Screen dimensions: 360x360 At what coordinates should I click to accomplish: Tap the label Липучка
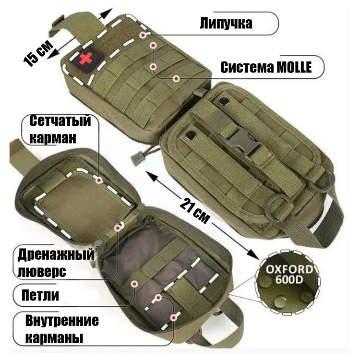(x=226, y=23)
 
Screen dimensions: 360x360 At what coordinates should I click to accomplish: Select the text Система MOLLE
(x=266, y=67)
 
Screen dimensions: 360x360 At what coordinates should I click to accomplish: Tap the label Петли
(x=40, y=295)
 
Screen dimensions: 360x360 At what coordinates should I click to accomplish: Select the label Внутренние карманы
(x=62, y=329)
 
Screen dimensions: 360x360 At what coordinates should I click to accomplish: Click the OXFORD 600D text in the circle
(x=289, y=275)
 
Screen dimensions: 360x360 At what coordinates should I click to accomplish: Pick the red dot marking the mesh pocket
(x=99, y=180)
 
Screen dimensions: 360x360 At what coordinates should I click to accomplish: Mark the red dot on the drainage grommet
(x=118, y=228)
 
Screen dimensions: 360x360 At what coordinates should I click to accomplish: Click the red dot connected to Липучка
(x=143, y=35)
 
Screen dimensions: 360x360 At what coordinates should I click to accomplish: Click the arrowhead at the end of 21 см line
(x=254, y=254)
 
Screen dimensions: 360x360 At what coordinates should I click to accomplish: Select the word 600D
(x=289, y=280)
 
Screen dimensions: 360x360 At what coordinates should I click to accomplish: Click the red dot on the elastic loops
(x=134, y=284)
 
